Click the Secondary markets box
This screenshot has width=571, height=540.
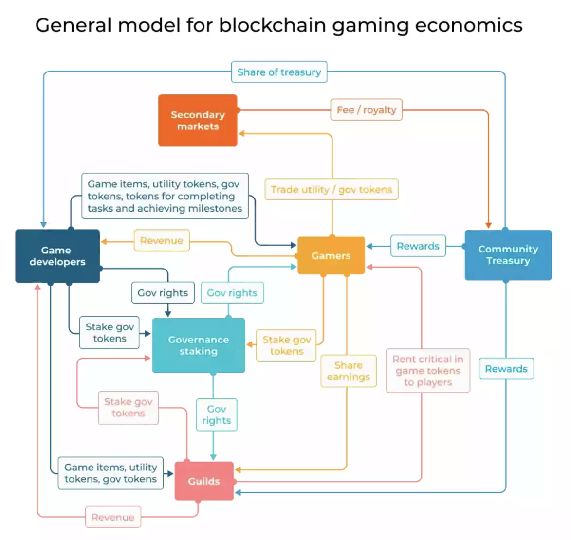[198, 120]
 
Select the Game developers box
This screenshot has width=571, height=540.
[57, 256]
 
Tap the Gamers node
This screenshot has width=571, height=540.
[331, 255]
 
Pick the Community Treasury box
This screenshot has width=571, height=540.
[508, 255]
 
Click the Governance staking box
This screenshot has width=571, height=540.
[198, 345]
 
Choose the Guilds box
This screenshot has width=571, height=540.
[204, 481]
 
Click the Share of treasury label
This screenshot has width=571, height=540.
[279, 72]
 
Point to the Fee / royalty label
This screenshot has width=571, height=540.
[367, 110]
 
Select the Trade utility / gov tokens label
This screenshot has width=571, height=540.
[332, 189]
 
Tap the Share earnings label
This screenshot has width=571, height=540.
[349, 371]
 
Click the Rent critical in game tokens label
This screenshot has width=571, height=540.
[428, 371]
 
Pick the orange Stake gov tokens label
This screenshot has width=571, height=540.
[286, 345]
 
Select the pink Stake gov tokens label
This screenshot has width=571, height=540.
[128, 408]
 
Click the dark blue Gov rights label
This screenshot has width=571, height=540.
[163, 293]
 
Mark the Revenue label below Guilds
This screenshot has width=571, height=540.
[113, 517]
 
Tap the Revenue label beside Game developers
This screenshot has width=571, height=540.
[162, 241]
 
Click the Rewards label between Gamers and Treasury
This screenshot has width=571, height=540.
[418, 246]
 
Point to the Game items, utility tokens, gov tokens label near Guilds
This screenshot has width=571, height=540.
[111, 473]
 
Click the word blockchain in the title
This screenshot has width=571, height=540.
[272, 25]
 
